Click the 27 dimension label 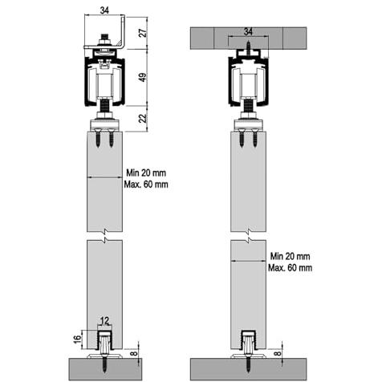(144, 33)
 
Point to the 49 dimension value (144, 77)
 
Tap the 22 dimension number (144, 118)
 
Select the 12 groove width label (105, 320)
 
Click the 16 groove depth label (77, 339)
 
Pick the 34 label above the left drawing (104, 10)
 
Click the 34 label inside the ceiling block (248, 32)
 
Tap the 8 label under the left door (135, 353)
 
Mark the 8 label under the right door (278, 353)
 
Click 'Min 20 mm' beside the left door (146, 173)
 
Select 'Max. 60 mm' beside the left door (146, 185)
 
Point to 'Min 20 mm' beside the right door (290, 256)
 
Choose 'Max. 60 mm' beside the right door (291, 268)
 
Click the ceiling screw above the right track (249, 48)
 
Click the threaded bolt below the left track (105, 107)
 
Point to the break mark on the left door (105, 235)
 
